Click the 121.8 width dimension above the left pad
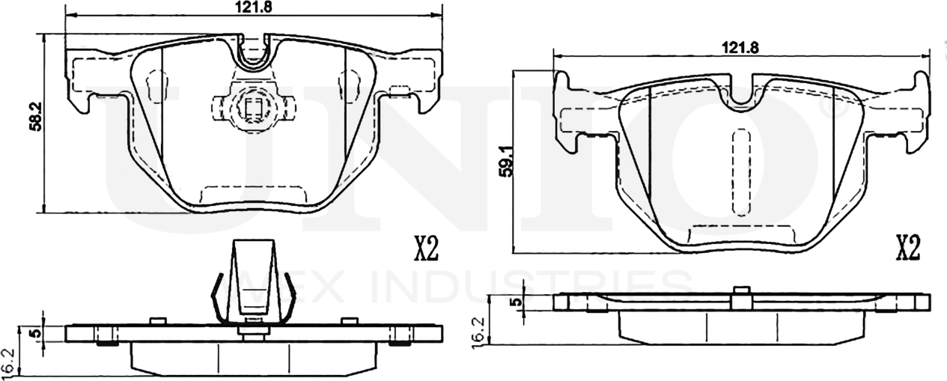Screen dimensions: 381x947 (253, 6)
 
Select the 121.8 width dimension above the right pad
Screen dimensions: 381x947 (740, 47)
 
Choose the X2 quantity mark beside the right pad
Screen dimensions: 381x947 (907, 247)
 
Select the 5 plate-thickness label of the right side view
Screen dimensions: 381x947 (514, 302)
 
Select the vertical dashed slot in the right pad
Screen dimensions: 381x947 (741, 171)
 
